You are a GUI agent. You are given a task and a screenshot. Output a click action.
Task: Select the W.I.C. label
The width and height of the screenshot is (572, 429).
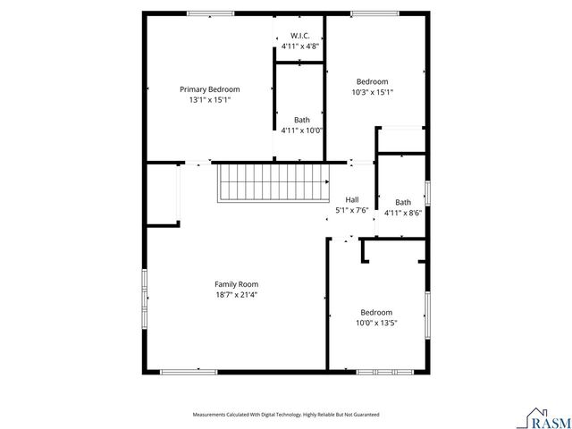click(299, 36)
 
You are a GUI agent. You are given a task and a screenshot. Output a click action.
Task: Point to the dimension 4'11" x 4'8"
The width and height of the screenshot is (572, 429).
click(299, 46)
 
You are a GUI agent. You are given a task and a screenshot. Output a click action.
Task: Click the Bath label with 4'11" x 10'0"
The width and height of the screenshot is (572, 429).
click(302, 120)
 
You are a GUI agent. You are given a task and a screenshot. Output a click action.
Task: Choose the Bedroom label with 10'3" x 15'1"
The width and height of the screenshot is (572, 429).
click(373, 81)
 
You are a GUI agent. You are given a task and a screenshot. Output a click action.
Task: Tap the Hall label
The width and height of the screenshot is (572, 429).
click(352, 199)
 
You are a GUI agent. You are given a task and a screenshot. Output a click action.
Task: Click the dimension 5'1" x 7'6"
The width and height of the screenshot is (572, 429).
click(352, 210)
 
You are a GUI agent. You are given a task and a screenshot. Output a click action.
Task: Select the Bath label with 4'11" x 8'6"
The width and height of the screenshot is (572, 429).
click(403, 202)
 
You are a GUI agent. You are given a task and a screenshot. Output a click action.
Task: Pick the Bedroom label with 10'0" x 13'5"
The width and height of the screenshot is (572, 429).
click(376, 312)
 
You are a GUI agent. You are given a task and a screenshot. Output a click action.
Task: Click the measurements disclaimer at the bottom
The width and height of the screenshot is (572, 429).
click(286, 415)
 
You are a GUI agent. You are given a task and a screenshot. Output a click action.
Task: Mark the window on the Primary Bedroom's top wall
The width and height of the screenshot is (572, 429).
click(211, 13)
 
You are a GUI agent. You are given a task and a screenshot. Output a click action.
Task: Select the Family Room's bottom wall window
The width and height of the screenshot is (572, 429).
click(189, 371)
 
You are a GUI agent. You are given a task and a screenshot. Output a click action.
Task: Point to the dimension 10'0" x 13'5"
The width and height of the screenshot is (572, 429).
click(376, 323)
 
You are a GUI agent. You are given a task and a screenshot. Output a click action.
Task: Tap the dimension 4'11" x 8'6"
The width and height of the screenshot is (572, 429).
click(403, 213)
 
